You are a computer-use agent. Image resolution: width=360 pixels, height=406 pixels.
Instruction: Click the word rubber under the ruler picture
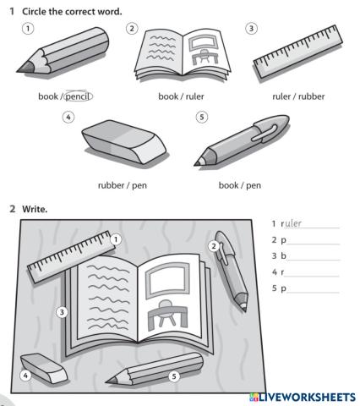click(308, 96)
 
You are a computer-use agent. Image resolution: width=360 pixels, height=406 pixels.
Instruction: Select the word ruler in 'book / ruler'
click(197, 96)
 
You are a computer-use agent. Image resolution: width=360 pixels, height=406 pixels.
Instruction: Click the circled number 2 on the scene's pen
click(215, 246)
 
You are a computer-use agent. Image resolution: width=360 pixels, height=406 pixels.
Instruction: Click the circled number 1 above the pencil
click(29, 28)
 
